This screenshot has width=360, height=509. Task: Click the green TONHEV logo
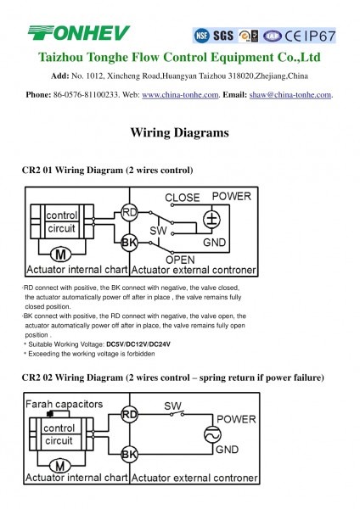tap(79, 33)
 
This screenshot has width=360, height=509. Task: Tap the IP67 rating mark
tap(320, 36)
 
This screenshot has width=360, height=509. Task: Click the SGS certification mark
tap(223, 36)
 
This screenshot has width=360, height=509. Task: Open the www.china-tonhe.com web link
tap(180, 95)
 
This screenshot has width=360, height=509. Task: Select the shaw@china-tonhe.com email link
tap(290, 95)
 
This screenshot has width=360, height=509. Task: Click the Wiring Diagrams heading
tap(180, 132)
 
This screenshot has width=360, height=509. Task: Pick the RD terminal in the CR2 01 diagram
tap(129, 213)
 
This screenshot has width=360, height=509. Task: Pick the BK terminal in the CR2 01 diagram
tap(129, 243)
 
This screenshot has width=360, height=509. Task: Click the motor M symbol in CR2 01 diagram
tap(61, 255)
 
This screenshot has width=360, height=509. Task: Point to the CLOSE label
tap(183, 198)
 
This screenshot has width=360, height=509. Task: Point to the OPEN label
tap(180, 260)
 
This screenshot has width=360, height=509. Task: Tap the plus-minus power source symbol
tap(212, 219)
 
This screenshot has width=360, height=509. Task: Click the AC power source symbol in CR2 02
tap(212, 434)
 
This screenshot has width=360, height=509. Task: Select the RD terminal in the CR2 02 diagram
tap(129, 415)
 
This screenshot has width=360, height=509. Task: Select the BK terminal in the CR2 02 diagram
tap(129, 454)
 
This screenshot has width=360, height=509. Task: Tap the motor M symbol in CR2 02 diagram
tap(60, 466)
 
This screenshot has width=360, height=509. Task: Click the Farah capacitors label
tap(64, 404)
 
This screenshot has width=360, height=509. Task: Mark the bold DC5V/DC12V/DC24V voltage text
tap(138, 344)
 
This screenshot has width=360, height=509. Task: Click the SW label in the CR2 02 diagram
tap(172, 406)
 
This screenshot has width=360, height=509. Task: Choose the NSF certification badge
tap(201, 36)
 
